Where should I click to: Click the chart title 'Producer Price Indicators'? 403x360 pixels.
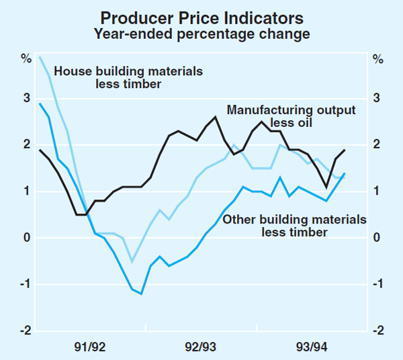tap(202, 17)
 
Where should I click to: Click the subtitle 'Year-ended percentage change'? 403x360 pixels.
tap(202, 34)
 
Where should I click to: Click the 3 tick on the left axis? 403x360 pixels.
tap(27, 99)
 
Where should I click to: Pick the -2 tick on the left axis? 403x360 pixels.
tap(26, 331)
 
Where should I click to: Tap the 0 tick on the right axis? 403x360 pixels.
tap(377, 238)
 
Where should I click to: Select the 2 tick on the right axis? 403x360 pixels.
tap(377, 145)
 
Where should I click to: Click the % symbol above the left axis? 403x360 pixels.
tap(26, 59)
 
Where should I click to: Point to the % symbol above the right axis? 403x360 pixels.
tap(377, 59)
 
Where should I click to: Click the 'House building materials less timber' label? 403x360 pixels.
tap(128, 77)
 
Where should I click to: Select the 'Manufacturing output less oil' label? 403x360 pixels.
tap(291, 116)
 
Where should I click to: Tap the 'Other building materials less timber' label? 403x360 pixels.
tap(294, 226)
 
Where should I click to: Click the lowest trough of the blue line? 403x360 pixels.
tap(141, 294)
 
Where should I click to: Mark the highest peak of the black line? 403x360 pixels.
tap(216, 117)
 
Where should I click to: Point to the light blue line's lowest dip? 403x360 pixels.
tap(132, 261)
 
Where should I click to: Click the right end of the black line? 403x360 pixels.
tap(345, 150)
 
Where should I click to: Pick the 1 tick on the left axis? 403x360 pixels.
tap(27, 192)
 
